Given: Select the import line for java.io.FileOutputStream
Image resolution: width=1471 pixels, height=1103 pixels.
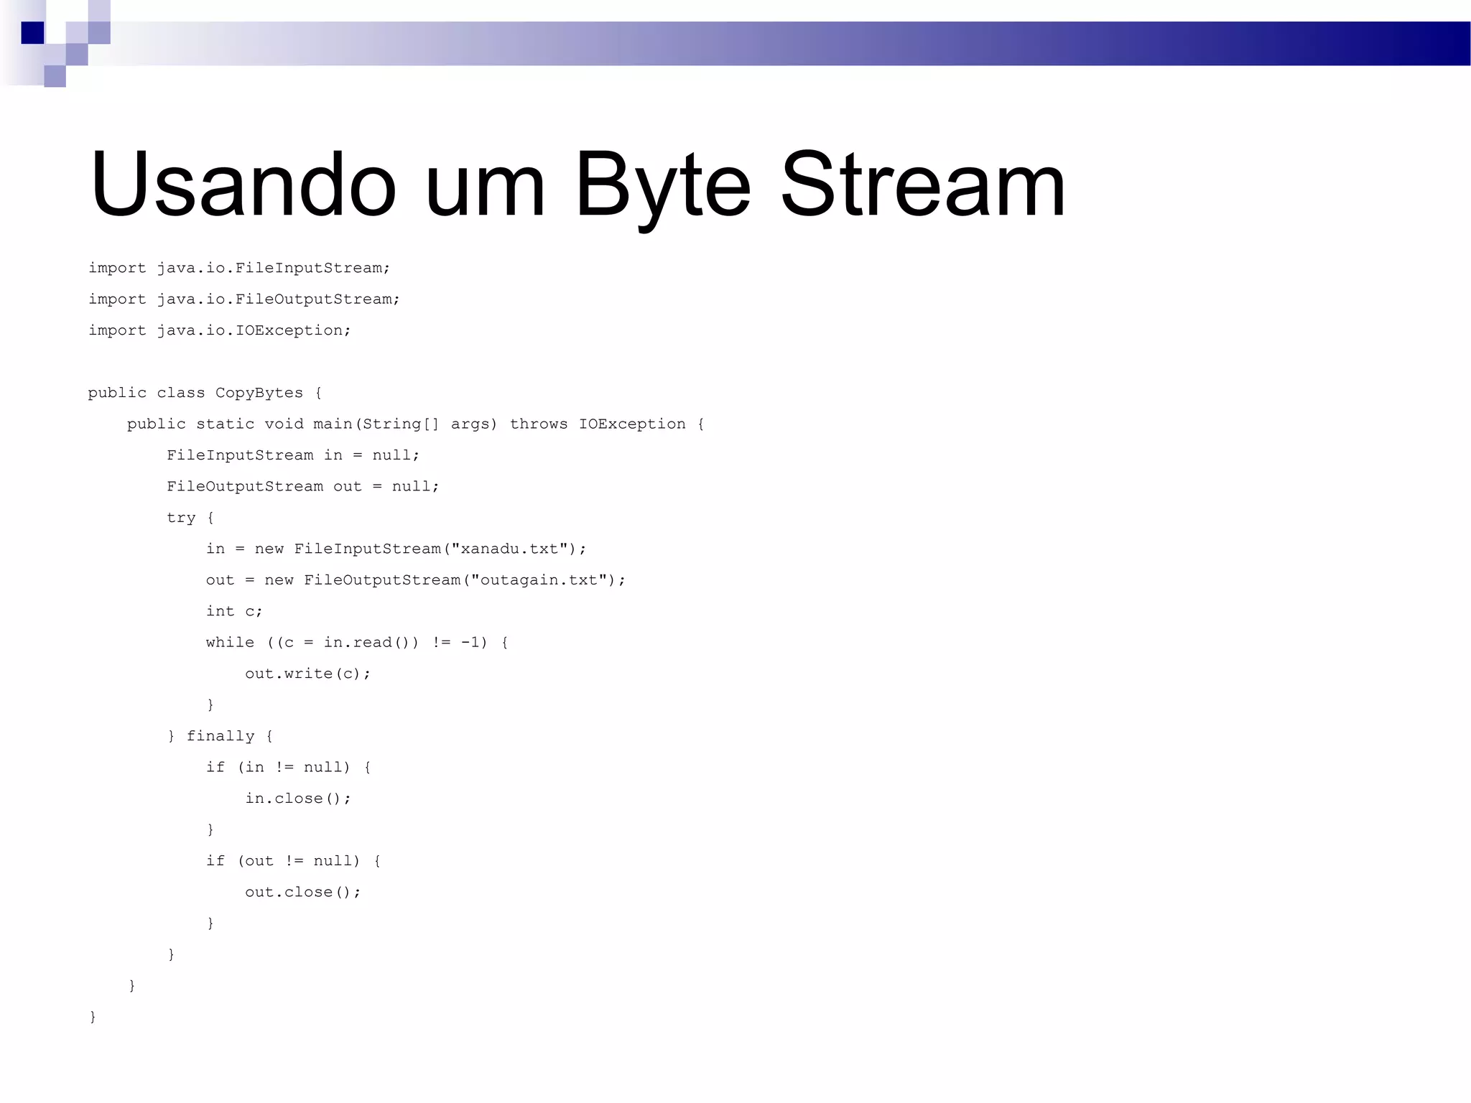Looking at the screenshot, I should [x=244, y=299].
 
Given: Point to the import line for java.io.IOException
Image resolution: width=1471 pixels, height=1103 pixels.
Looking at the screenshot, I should [x=220, y=330].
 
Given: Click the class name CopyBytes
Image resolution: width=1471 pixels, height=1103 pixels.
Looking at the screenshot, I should [x=259, y=393].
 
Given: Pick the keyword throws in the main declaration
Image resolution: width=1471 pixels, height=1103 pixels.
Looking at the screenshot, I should [x=538, y=424].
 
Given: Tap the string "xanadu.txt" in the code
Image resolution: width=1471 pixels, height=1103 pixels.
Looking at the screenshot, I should [x=509, y=549].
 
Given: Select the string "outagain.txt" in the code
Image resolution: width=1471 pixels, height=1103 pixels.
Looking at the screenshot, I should [x=539, y=580].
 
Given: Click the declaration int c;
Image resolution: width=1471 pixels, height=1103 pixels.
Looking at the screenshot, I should [x=234, y=611].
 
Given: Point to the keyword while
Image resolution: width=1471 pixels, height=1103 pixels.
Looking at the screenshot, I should [x=230, y=642].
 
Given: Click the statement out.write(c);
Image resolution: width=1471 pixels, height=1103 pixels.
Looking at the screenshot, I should [x=307, y=674].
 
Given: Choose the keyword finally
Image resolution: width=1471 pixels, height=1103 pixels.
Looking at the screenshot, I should [x=220, y=736].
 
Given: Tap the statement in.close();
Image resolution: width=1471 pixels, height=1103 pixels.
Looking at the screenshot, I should [x=298, y=799].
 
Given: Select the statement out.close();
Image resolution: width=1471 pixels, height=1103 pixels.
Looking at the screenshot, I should [x=302, y=892].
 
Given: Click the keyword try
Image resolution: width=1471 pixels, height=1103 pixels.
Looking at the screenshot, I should [x=181, y=518].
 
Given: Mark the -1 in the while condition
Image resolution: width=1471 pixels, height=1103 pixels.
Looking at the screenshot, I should [x=470, y=642].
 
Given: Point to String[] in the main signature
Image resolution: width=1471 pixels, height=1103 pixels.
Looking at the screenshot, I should [x=400, y=424].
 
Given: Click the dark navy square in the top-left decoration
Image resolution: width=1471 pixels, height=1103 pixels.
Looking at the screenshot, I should [x=32, y=33].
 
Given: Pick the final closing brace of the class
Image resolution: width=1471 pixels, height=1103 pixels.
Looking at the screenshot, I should [x=93, y=1017].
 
